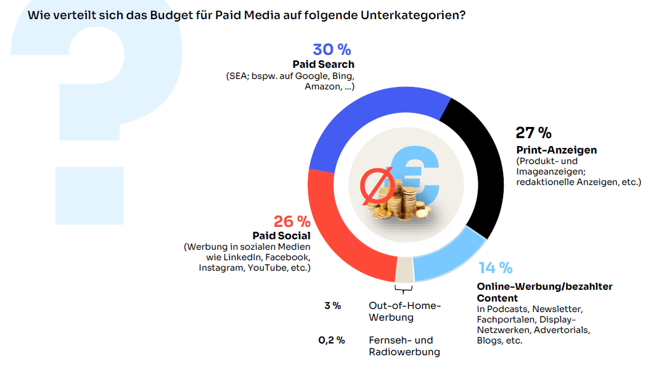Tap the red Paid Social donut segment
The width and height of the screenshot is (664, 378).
(x=345, y=234)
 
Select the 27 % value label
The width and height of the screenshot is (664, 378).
(x=533, y=133)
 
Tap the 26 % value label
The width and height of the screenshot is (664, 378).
(x=292, y=221)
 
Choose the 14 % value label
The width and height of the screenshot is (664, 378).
(x=495, y=268)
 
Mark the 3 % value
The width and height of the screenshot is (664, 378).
(x=332, y=305)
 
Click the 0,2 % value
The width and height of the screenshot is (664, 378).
(x=331, y=340)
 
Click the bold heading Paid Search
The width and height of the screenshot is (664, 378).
(x=323, y=64)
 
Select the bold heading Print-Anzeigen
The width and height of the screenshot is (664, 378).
(x=556, y=150)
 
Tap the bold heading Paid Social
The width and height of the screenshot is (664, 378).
(x=281, y=236)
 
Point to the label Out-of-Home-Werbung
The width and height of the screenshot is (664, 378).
(x=404, y=311)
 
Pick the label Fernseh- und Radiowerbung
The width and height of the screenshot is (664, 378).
(x=404, y=346)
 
